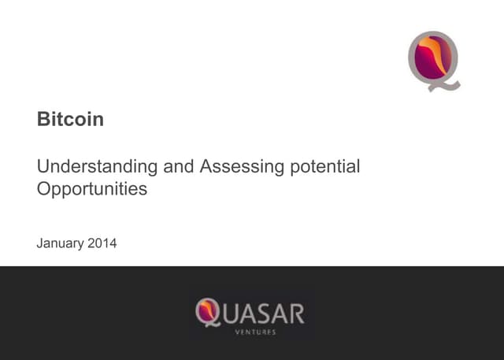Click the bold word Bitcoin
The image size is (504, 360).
(x=70, y=120)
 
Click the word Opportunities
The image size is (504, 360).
(x=91, y=189)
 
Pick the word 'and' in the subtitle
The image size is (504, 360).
(x=178, y=167)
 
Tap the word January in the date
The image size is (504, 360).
(x=62, y=243)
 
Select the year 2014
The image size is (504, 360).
(x=102, y=243)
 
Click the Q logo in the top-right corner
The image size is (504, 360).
(x=434, y=59)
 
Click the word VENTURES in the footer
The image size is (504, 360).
(x=254, y=332)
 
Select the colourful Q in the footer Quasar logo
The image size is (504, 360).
(x=207, y=312)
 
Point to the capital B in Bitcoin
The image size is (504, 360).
(x=43, y=120)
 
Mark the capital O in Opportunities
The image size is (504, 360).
(x=43, y=189)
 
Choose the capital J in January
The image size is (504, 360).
(x=40, y=243)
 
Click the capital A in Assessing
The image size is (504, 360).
(x=206, y=167)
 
